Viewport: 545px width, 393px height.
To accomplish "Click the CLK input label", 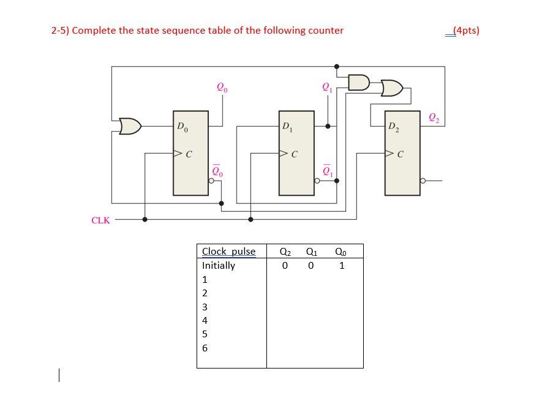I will (x=100, y=220).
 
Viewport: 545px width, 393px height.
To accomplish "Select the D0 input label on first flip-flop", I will (x=182, y=127).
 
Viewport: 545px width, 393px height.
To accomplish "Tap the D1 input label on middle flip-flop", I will (x=287, y=127).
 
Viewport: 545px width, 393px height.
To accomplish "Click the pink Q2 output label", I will (x=434, y=117).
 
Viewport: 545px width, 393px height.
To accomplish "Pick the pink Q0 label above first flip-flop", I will (x=222, y=88).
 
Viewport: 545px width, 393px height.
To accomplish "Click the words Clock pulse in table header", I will (x=228, y=252).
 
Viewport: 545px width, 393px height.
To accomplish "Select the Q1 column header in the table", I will (x=311, y=252).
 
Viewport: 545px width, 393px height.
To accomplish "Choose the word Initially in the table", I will (x=219, y=266).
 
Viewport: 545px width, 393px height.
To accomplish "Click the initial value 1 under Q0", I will (x=342, y=266).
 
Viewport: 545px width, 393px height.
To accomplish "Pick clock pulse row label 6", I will (x=205, y=348).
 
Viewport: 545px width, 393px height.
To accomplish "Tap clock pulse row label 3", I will (x=205, y=307).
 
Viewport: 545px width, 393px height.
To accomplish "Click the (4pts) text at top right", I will (x=465, y=31).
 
